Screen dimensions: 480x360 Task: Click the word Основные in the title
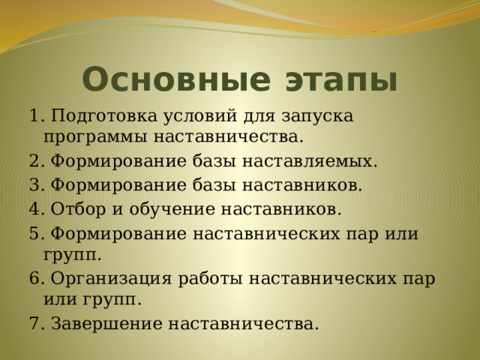tap(176, 79)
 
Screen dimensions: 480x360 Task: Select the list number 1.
tap(37, 116)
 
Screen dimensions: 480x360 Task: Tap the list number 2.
tap(37, 161)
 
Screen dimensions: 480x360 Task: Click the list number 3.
tap(37, 184)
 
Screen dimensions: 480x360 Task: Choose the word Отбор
tap(78, 208)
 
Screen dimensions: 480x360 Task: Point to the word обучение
tap(172, 208)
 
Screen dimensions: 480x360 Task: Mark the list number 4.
tap(37, 208)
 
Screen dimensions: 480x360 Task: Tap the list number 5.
tap(37, 233)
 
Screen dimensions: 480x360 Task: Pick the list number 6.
tap(37, 278)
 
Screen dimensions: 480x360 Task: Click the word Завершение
tap(106, 324)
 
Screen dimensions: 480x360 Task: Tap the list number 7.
tap(37, 323)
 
